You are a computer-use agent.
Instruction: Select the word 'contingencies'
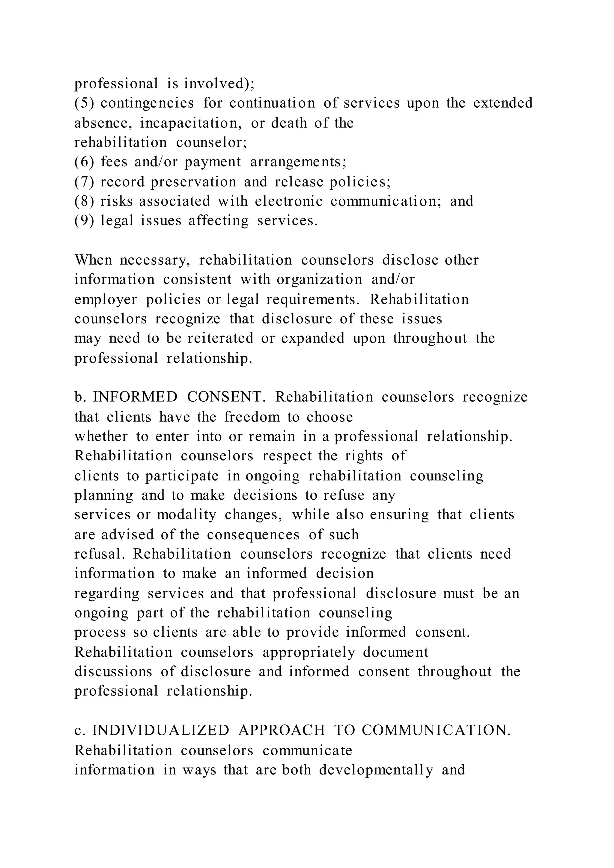point(147,103)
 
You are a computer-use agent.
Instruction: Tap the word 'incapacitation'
point(192,123)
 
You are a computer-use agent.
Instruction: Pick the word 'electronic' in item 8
point(288,201)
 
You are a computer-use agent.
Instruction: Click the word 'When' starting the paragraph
point(93,260)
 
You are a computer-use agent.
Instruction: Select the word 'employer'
point(106,299)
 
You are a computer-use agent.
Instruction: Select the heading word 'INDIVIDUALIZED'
point(161,731)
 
